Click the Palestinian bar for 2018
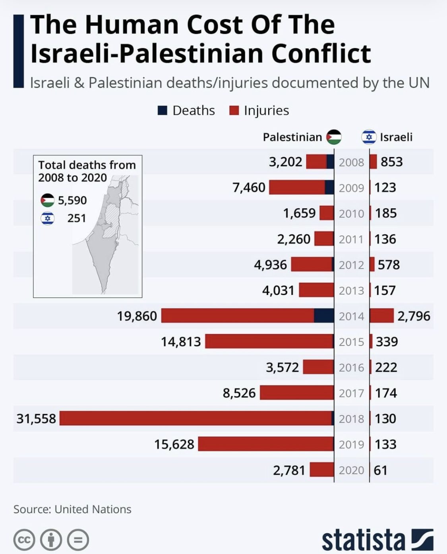click(x=197, y=418)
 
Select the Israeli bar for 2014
click(x=382, y=316)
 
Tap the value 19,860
click(x=137, y=316)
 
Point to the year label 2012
click(x=352, y=265)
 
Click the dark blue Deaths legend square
click(x=162, y=110)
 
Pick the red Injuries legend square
click(x=234, y=110)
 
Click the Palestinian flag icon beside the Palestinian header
click(x=334, y=137)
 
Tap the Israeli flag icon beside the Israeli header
click(x=369, y=137)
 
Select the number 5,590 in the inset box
click(x=72, y=200)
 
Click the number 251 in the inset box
click(x=77, y=218)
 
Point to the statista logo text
click(x=363, y=540)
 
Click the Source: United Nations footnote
click(x=72, y=509)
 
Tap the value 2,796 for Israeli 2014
click(x=414, y=316)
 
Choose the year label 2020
click(x=352, y=470)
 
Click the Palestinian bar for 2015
click(x=269, y=341)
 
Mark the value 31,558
click(x=36, y=419)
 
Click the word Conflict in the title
click(x=321, y=54)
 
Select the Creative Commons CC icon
click(x=24, y=540)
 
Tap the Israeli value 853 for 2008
click(x=391, y=162)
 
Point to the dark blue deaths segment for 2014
click(x=324, y=316)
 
